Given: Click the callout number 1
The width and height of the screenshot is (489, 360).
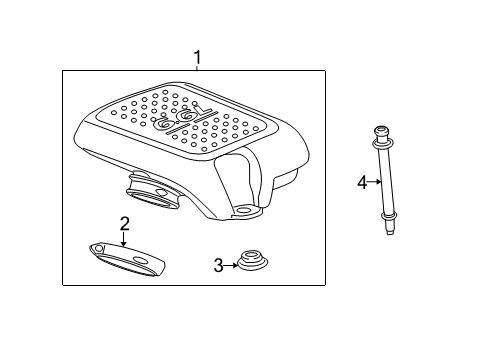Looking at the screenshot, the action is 197,57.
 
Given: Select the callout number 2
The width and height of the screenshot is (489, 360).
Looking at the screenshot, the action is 124,224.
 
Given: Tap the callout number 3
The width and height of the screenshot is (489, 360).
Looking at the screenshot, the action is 218,265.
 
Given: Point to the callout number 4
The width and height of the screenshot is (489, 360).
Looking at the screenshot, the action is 362,182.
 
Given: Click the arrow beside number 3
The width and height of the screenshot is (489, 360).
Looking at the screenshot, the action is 231,265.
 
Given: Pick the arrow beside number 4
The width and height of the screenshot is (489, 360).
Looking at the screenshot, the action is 374,182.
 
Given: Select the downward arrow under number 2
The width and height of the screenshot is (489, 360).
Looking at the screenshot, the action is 124,239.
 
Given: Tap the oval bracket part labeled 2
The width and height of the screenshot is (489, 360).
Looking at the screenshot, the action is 127,259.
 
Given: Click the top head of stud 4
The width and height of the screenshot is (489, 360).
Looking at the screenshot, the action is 382,132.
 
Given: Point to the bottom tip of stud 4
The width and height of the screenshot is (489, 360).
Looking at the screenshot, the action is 390,233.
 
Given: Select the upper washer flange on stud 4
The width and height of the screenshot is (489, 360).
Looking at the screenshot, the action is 382,144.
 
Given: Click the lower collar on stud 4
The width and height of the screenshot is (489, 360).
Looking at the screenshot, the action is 388,217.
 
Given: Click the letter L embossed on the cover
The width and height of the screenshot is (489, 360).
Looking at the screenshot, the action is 204,110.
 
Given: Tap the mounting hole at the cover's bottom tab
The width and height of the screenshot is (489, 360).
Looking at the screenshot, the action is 244,210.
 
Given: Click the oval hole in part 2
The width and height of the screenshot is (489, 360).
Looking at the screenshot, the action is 140,260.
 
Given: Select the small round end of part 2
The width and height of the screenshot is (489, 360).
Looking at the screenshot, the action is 97,248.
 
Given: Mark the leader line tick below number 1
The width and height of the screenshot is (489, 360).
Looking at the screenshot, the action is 197,68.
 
